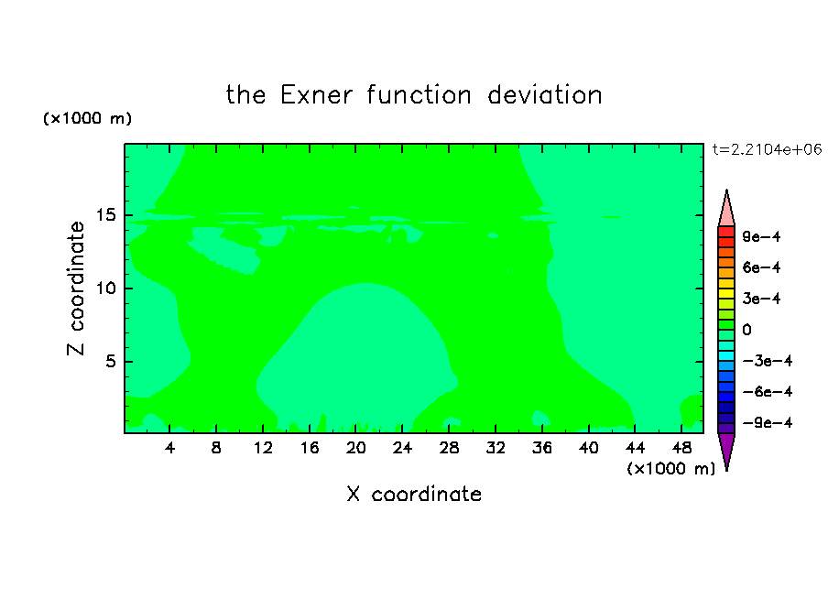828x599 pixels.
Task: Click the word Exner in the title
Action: [x=316, y=95]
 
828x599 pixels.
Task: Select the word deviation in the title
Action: [x=545, y=95]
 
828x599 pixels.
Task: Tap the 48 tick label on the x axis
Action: [x=681, y=448]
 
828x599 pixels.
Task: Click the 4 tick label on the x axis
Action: [x=169, y=448]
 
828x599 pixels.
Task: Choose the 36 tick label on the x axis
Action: [x=542, y=448]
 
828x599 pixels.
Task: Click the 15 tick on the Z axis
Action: [x=129, y=215]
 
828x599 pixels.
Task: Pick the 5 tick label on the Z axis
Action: [x=110, y=362]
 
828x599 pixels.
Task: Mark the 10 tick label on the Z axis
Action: [x=106, y=289]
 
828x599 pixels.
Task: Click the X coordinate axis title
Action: [x=414, y=494]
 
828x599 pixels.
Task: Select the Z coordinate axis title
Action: [x=76, y=289]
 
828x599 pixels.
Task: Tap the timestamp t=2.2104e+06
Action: [x=767, y=149]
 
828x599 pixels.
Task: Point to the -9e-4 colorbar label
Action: [x=768, y=422]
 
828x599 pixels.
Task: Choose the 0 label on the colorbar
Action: [x=746, y=330]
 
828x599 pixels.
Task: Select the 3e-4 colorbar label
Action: [x=761, y=299]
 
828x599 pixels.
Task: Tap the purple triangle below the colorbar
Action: [x=726, y=449]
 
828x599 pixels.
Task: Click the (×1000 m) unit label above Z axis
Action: [x=87, y=118]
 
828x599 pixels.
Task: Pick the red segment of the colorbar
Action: [x=726, y=232]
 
